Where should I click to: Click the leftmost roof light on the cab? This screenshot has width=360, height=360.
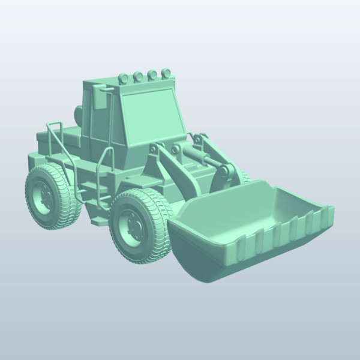pyautogui.click(x=124, y=77)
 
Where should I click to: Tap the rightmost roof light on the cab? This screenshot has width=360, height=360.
pyautogui.click(x=163, y=73)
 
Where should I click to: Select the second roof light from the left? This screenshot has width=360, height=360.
pyautogui.click(x=137, y=76)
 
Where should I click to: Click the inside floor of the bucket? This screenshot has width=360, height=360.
pyautogui.click(x=240, y=216)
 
